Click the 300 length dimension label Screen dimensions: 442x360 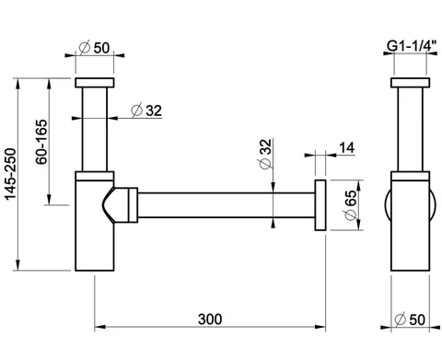pos(210,319)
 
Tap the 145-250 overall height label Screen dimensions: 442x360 pos(11,174)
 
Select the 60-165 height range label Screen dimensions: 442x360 pos(41,142)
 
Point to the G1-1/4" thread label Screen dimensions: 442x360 pos(412,46)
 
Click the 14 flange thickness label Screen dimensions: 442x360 pos(347,148)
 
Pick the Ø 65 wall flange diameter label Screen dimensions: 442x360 pos(351,204)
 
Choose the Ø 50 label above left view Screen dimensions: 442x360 pos(94,48)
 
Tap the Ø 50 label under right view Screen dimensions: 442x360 pos(410,319)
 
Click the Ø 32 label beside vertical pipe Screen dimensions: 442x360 pos(146,110)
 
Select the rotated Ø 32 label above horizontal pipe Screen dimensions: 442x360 pos(266,154)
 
